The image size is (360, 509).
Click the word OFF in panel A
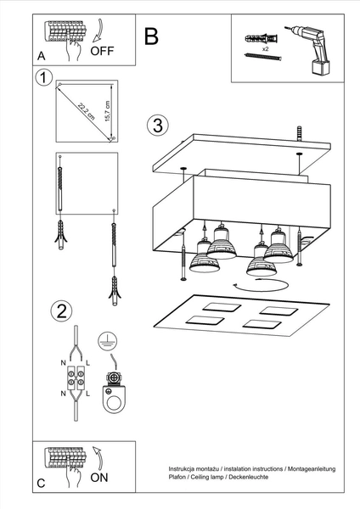pyautogui.click(x=102, y=50)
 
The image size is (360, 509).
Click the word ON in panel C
pyautogui.click(x=99, y=478)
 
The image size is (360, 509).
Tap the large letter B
pyautogui.click(x=151, y=36)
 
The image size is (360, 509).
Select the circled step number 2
pyautogui.click(x=60, y=310)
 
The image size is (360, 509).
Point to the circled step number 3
pyautogui.click(x=155, y=126)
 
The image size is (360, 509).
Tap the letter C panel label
pyautogui.click(x=41, y=483)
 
